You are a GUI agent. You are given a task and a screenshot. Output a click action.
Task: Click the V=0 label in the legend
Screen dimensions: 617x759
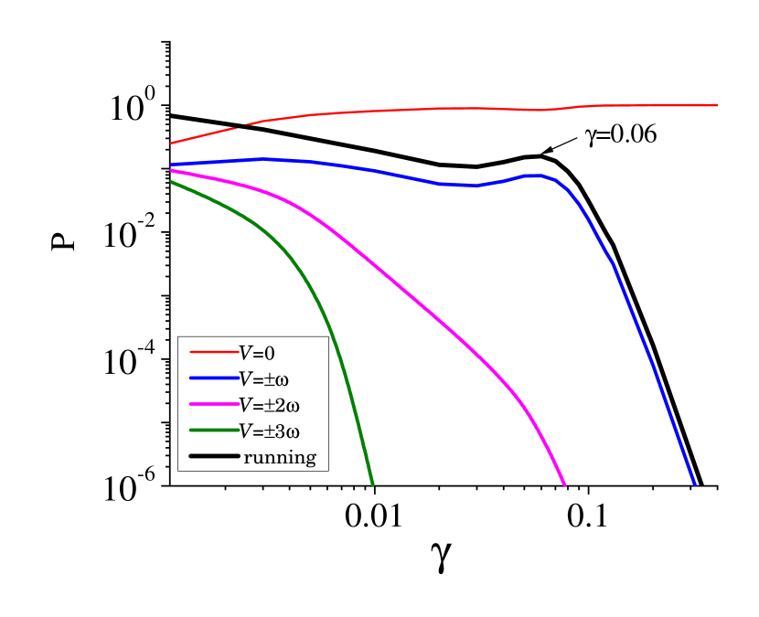coord(257,353)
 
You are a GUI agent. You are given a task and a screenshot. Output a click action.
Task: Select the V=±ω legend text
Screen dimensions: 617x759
coord(264,378)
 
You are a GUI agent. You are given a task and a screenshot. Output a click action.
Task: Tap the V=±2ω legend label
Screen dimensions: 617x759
coord(270,405)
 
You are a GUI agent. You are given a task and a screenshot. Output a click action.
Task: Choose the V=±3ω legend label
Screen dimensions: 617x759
coord(270,431)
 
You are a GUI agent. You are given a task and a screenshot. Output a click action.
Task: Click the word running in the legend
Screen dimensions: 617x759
coord(280,457)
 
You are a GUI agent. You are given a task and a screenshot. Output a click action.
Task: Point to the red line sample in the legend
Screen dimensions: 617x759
coord(214,352)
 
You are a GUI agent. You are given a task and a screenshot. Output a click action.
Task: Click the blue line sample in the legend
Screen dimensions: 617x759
coord(214,378)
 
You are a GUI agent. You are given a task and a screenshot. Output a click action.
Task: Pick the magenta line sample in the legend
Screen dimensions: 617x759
coord(214,404)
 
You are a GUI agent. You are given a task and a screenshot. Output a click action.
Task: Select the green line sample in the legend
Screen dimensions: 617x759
coord(214,430)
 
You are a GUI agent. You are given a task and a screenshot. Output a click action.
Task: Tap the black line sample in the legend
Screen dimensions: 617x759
coord(214,456)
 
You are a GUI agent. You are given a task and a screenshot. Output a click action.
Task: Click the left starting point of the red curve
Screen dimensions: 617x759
coord(171,144)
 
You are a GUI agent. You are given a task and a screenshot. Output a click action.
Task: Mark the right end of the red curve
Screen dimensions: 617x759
coord(717,105)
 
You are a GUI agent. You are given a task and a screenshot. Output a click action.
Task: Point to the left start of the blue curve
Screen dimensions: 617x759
coord(171,165)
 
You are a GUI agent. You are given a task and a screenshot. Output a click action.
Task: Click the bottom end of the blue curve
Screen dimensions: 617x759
coord(694,484)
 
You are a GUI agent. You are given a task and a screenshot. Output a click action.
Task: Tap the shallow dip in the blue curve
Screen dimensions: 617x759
coord(471,186)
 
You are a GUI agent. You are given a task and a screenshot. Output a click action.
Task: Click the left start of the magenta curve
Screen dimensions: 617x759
coord(171,171)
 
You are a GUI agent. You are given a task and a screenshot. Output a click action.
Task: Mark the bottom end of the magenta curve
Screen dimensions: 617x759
coord(564,484)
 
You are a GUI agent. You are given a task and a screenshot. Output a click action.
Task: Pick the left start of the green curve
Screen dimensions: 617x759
coord(171,182)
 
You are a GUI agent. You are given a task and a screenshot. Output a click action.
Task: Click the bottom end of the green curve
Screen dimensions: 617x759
coord(372,484)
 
